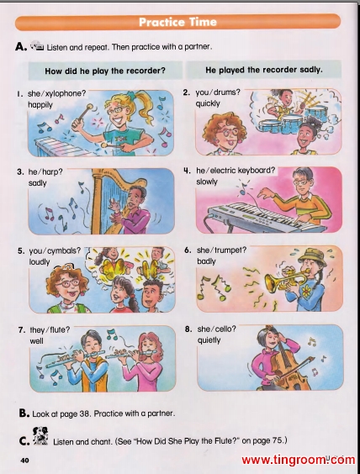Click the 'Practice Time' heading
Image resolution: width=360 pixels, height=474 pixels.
pos(177,22)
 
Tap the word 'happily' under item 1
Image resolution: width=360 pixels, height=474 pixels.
pos(40,105)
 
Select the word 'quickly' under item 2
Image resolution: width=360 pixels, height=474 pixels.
pos(208,103)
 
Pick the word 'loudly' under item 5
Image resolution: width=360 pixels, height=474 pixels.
pos(40,261)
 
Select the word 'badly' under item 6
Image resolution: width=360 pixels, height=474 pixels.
pos(206,261)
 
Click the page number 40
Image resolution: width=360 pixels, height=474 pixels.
pos(24,461)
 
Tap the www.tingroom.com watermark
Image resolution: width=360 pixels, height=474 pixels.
pos(299,460)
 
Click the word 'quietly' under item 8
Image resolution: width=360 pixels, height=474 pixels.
pos(209,340)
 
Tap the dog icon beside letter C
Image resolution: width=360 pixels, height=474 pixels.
pos(40,435)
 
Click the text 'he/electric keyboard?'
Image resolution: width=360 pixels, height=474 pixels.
pos(236,171)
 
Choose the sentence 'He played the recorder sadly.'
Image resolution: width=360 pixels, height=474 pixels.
pos(264,70)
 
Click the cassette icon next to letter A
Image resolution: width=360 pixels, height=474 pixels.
pos(38,45)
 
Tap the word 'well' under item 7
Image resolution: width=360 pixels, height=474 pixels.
pos(36,341)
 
